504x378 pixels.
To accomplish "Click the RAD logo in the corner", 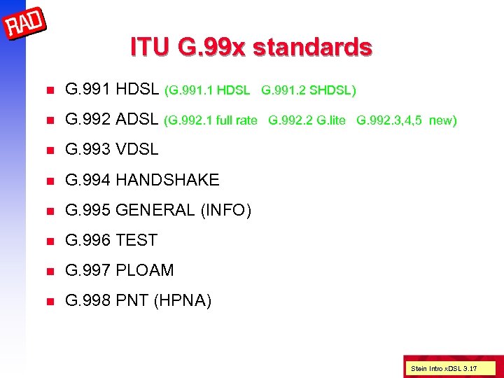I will pos(25,23).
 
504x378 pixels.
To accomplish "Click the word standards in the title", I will pos(313,48).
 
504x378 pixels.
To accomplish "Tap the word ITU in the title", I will pos(150,48).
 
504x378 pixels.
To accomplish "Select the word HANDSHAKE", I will pos(167,180).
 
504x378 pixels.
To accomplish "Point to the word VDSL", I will pos(137,149).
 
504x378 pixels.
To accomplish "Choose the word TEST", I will pos(136,240).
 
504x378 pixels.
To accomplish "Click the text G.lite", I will pos(331,120).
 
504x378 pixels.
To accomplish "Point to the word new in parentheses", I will pos(442,120).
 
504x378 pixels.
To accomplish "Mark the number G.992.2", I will pos(290,120).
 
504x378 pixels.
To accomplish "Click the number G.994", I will pos(87,180).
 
